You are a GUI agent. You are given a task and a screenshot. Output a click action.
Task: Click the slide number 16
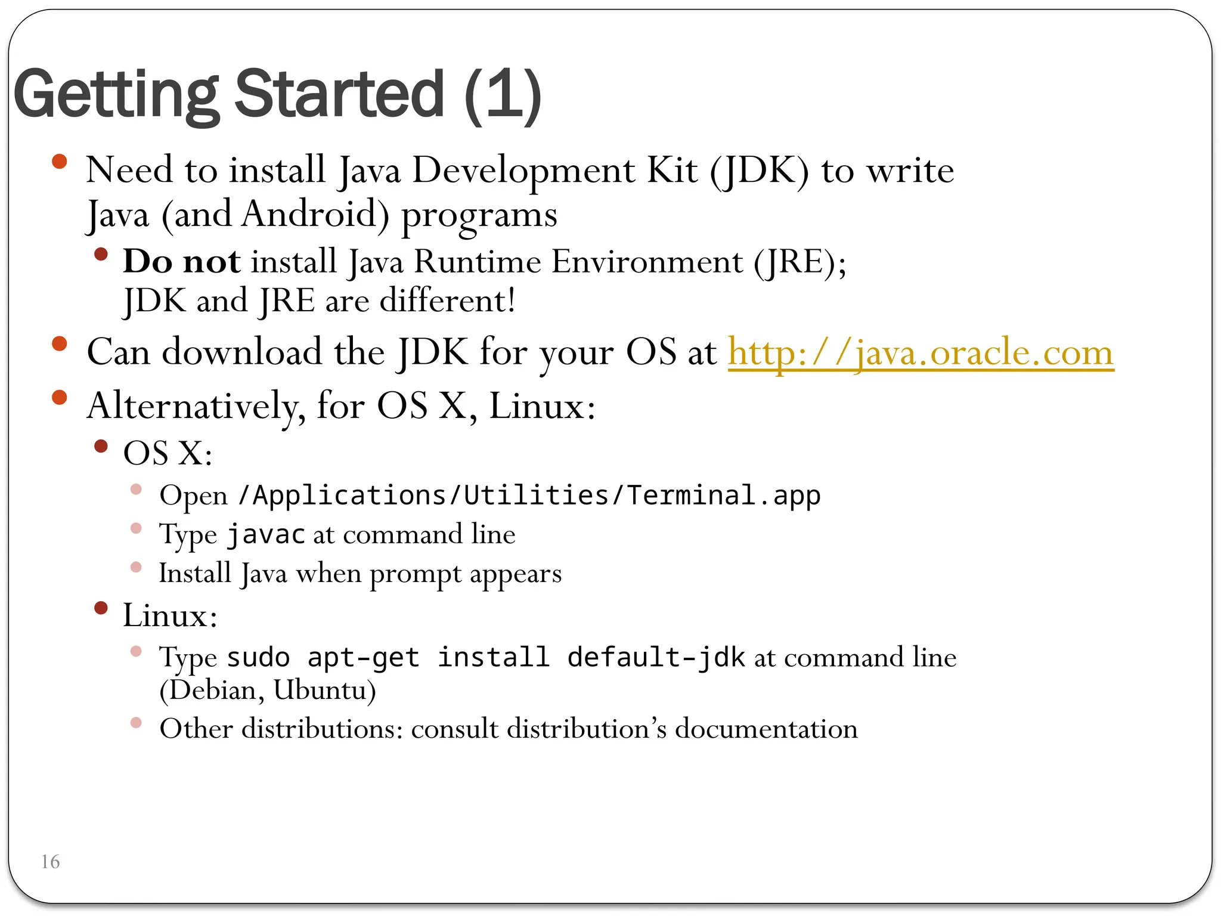click(x=50, y=862)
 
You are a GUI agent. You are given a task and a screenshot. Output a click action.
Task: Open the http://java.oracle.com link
click(x=921, y=353)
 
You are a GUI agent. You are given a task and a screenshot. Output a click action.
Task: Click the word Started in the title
click(x=339, y=94)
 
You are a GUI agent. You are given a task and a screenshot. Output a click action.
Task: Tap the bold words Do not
click(x=182, y=261)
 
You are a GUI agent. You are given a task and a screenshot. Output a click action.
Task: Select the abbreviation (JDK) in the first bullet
click(x=759, y=171)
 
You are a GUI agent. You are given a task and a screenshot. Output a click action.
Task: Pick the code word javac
click(x=266, y=534)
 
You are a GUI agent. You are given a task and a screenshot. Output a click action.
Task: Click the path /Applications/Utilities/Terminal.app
click(x=529, y=496)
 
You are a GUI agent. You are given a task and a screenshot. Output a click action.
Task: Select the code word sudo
click(x=258, y=658)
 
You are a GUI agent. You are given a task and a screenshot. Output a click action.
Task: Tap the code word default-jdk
click(x=656, y=658)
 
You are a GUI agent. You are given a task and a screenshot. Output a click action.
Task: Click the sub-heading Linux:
click(x=170, y=615)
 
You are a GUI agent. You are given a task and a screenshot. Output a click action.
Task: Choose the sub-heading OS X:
click(x=168, y=453)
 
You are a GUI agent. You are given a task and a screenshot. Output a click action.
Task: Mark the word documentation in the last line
click(x=766, y=729)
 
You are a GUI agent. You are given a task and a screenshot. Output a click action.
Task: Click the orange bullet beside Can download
click(x=60, y=343)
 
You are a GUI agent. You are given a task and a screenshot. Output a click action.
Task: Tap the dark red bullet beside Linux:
click(x=101, y=608)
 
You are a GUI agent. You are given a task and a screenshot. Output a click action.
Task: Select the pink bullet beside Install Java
click(x=136, y=567)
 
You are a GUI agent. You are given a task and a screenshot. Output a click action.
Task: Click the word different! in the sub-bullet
click(x=447, y=301)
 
